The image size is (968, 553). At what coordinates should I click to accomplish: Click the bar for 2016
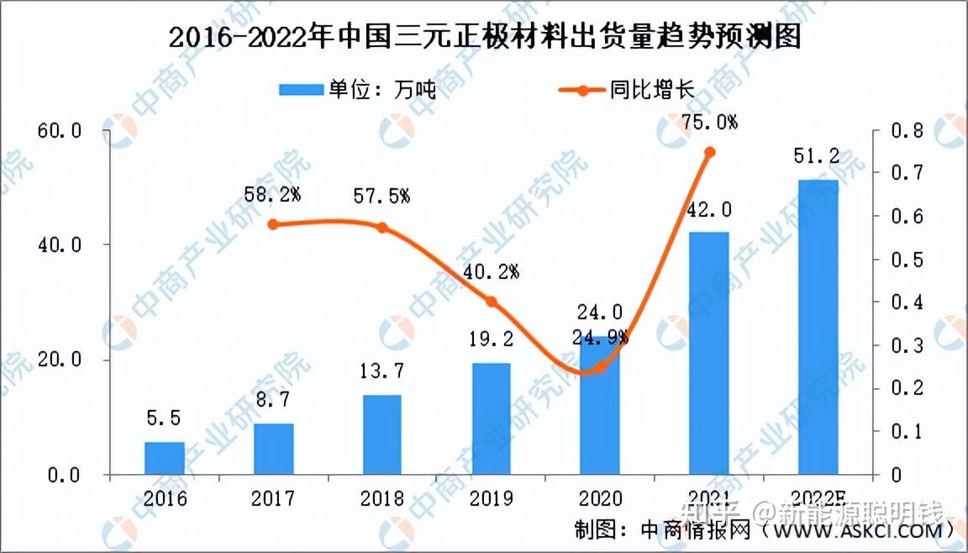click(x=164, y=458)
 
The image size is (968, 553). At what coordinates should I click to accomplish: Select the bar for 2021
click(x=709, y=353)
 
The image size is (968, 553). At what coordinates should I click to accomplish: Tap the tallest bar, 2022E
click(x=818, y=328)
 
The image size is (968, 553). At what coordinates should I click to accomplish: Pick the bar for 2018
click(x=381, y=434)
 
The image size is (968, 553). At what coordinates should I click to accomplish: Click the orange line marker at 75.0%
click(x=709, y=152)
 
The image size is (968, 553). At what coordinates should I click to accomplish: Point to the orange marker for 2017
click(x=273, y=224)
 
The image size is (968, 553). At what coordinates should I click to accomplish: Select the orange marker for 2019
click(x=492, y=302)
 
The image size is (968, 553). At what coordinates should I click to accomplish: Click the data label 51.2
click(x=817, y=157)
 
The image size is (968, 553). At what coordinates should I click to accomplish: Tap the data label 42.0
click(x=708, y=209)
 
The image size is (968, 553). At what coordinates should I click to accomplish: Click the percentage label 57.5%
click(x=381, y=197)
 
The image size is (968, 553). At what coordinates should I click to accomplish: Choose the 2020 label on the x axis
click(x=600, y=498)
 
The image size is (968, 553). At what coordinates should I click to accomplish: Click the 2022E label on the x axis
click(x=818, y=498)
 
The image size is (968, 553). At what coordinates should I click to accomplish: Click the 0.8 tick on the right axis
click(x=908, y=131)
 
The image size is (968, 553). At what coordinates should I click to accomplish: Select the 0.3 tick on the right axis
click(x=908, y=345)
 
